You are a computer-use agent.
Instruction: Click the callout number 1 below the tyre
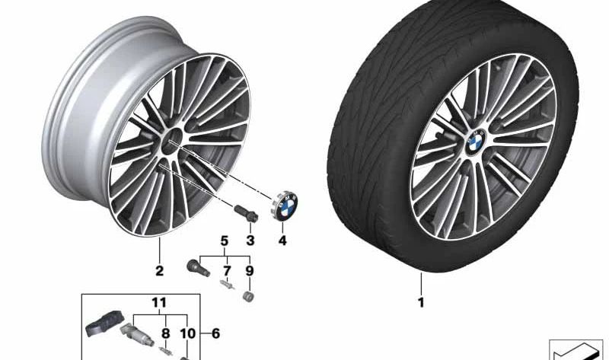click(x=421, y=302)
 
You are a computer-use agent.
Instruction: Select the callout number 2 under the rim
click(x=159, y=271)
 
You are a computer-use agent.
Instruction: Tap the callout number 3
click(x=250, y=241)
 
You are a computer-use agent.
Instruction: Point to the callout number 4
click(x=282, y=241)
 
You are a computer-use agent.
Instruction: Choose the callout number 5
click(x=225, y=241)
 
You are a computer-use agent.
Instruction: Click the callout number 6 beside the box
click(x=215, y=333)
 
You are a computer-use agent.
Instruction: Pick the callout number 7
click(x=227, y=271)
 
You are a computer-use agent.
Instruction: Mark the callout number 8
click(x=166, y=333)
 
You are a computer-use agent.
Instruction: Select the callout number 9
click(x=250, y=271)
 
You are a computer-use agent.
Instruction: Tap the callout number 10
click(x=187, y=333)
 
